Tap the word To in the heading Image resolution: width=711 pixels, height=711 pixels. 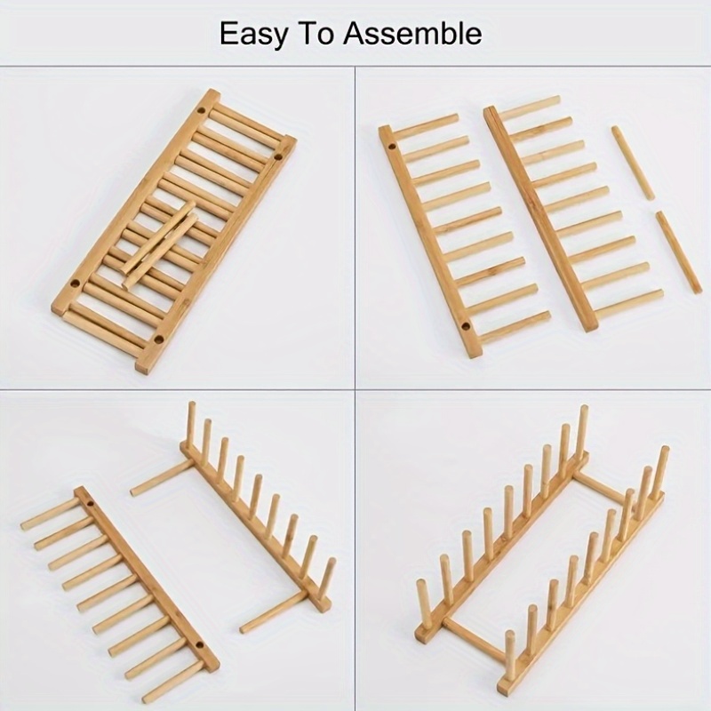315,33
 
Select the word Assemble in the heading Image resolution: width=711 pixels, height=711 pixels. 411,33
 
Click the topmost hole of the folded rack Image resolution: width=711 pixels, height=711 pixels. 201,110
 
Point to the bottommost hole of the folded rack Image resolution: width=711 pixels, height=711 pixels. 159,339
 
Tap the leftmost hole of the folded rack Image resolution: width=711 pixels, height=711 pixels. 76,284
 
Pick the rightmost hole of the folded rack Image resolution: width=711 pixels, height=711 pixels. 278,156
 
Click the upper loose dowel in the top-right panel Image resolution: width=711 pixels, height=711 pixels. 633,164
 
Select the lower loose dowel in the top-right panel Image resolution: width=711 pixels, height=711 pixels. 679,252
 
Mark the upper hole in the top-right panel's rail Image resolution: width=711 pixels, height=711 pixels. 392,147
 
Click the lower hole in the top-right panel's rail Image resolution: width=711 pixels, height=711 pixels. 465,326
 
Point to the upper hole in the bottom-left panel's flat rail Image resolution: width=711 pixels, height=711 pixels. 91,504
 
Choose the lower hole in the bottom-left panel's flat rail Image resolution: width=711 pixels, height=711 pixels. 198,644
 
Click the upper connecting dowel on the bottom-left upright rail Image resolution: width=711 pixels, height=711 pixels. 160,478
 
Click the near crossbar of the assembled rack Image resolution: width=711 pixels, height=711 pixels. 475,638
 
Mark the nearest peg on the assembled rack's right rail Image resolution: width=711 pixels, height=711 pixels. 510,655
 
